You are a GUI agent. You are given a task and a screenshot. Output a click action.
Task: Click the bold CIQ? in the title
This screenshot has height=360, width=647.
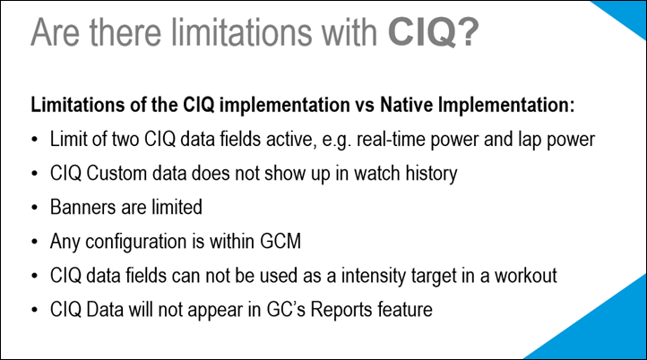433,31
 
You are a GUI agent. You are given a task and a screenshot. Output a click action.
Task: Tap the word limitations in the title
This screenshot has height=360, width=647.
242,31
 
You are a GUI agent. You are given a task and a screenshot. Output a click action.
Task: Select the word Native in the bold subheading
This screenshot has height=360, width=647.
407,105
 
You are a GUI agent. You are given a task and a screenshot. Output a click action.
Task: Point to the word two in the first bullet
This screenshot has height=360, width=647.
125,139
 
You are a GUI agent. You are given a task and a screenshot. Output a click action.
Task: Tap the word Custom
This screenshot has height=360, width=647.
116,173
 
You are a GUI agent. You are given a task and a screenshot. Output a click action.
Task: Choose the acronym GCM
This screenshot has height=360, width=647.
280,241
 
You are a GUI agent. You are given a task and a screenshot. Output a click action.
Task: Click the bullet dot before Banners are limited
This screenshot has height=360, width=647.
34,208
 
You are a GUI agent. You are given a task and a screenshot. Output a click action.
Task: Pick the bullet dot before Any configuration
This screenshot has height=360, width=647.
34,242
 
